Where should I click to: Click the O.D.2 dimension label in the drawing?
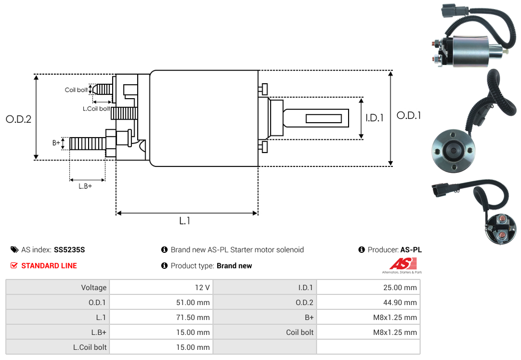tap(19, 119)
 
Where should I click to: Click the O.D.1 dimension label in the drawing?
tap(408, 115)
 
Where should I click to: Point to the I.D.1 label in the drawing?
tap(374, 118)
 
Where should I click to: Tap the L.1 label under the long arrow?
tap(185, 221)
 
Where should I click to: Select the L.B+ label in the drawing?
tap(85, 186)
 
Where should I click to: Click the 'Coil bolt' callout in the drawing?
tap(76, 90)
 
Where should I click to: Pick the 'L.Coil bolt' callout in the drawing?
tap(96, 109)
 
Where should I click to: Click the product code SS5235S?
tap(69, 250)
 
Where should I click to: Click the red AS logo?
tap(402, 263)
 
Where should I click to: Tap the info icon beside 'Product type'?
tap(164, 266)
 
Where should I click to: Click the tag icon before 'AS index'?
tap(14, 250)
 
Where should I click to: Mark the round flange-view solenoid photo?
tap(453, 150)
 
